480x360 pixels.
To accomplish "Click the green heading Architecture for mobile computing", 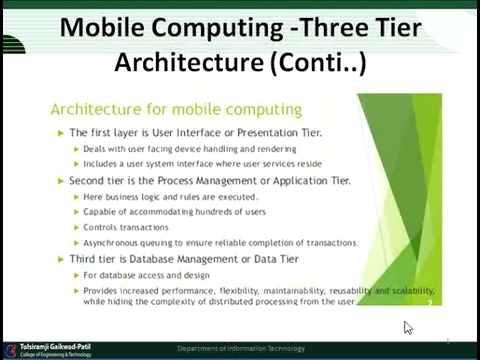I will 176,109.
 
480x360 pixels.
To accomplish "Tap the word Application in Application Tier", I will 289,181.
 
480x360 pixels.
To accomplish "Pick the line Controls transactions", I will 126,227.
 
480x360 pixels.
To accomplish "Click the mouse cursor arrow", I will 407,327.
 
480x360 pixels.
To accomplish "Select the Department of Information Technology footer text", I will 241,349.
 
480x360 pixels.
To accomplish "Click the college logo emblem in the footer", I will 10,351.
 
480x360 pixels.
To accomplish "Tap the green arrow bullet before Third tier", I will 61,259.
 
